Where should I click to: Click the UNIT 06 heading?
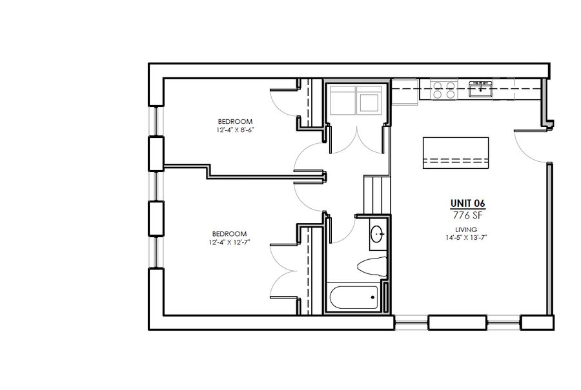click(467, 203)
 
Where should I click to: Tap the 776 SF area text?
click(467, 215)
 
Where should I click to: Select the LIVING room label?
click(466, 229)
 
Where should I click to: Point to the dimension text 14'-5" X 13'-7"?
click(466, 238)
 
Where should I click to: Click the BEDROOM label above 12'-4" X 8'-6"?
click(235, 121)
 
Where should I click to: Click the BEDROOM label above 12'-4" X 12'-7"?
click(229, 234)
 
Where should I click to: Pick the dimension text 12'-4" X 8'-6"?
click(235, 130)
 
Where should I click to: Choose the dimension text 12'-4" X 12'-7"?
click(229, 242)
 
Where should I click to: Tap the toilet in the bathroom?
click(372, 266)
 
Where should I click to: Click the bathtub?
click(354, 297)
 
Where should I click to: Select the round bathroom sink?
click(377, 234)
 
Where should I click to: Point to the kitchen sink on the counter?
click(480, 89)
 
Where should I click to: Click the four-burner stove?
click(444, 90)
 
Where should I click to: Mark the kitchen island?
click(456, 153)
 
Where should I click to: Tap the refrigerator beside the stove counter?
click(405, 92)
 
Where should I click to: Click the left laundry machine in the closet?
click(343, 99)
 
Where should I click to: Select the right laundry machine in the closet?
click(369, 99)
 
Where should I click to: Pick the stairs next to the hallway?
click(377, 195)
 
